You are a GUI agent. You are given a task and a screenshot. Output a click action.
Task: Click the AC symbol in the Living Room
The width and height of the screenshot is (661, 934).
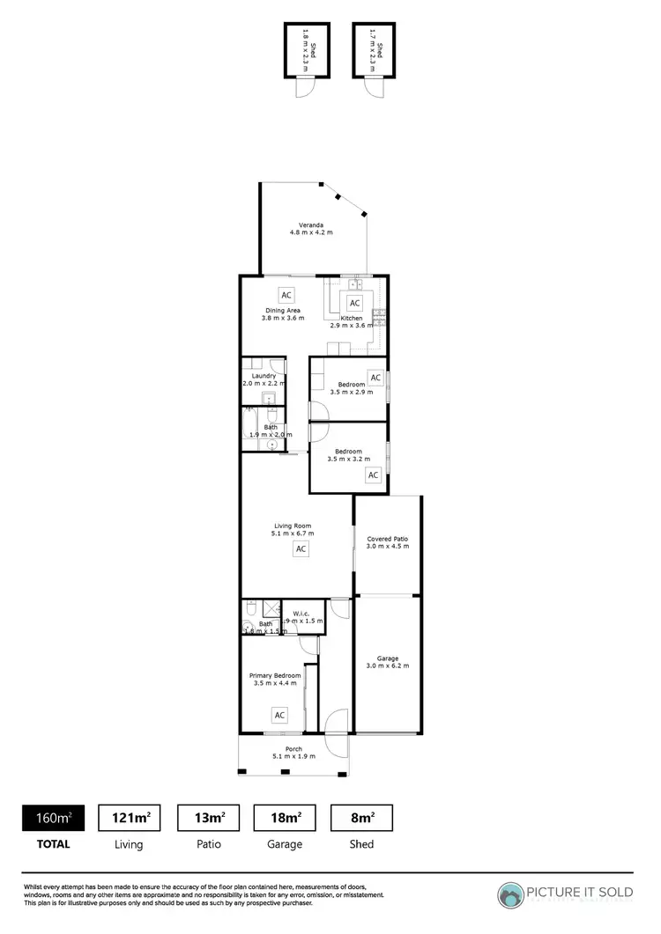click(x=301, y=549)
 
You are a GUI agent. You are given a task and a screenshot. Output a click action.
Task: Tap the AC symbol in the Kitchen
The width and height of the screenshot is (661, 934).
click(x=354, y=303)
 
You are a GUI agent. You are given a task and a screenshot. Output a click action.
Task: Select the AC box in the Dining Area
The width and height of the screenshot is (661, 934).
click(x=285, y=295)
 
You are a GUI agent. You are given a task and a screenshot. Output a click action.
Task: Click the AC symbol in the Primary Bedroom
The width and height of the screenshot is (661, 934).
click(x=279, y=715)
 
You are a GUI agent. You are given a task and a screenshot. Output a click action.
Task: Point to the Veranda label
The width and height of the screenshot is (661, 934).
click(x=311, y=229)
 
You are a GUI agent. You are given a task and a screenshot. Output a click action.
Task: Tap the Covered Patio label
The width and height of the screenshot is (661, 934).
click(x=388, y=542)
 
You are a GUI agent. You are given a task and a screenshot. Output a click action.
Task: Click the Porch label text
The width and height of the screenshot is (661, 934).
click(x=293, y=749)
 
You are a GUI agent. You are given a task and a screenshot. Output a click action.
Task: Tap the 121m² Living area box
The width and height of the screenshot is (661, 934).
click(x=129, y=818)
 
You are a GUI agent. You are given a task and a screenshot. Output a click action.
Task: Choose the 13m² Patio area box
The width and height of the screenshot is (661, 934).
click(x=209, y=818)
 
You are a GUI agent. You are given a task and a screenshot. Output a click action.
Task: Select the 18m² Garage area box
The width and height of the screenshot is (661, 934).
click(x=285, y=818)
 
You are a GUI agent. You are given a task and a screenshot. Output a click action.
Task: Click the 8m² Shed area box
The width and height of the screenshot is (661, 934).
click(x=361, y=818)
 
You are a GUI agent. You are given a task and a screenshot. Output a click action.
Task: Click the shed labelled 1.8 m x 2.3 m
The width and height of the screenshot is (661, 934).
click(x=307, y=50)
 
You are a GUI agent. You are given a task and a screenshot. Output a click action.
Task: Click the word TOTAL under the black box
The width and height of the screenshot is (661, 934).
click(x=53, y=843)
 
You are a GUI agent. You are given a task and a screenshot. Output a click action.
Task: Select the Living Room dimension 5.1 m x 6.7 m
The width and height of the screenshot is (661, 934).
click(x=293, y=533)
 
